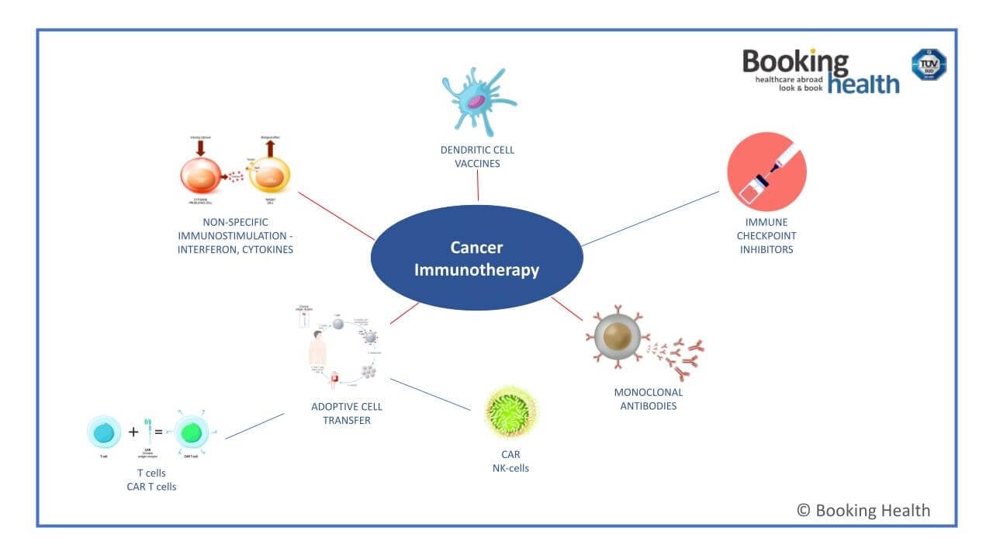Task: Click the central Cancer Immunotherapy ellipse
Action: (x=476, y=259)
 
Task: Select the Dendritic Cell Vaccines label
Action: (x=477, y=157)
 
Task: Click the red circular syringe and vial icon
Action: (x=766, y=172)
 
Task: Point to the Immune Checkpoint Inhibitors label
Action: (x=766, y=236)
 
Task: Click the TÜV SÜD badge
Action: (x=928, y=64)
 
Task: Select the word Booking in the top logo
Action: (x=795, y=62)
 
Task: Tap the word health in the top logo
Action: (x=863, y=84)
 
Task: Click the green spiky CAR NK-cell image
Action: (x=510, y=412)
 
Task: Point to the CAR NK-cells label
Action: (x=510, y=461)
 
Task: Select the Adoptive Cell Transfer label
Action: (x=346, y=413)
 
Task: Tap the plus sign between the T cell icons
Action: (x=133, y=432)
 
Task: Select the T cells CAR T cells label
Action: (x=151, y=480)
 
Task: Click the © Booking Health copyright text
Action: (x=863, y=510)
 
